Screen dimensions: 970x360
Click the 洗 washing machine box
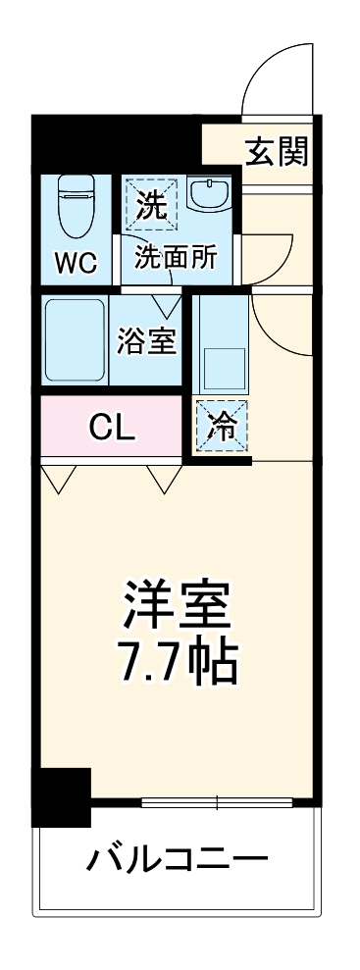click(151, 203)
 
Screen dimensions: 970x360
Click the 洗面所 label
click(177, 258)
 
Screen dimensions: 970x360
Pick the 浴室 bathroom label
click(148, 341)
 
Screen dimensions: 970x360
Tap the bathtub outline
click(76, 339)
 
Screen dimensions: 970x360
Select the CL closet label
click(113, 427)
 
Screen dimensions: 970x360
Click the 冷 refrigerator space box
click(222, 428)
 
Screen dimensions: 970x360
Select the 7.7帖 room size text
click(177, 664)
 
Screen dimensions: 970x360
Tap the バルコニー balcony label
click(177, 861)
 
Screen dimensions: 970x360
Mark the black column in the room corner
click(61, 795)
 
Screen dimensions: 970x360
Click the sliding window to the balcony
click(216, 803)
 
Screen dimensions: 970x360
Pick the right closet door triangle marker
click(164, 478)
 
